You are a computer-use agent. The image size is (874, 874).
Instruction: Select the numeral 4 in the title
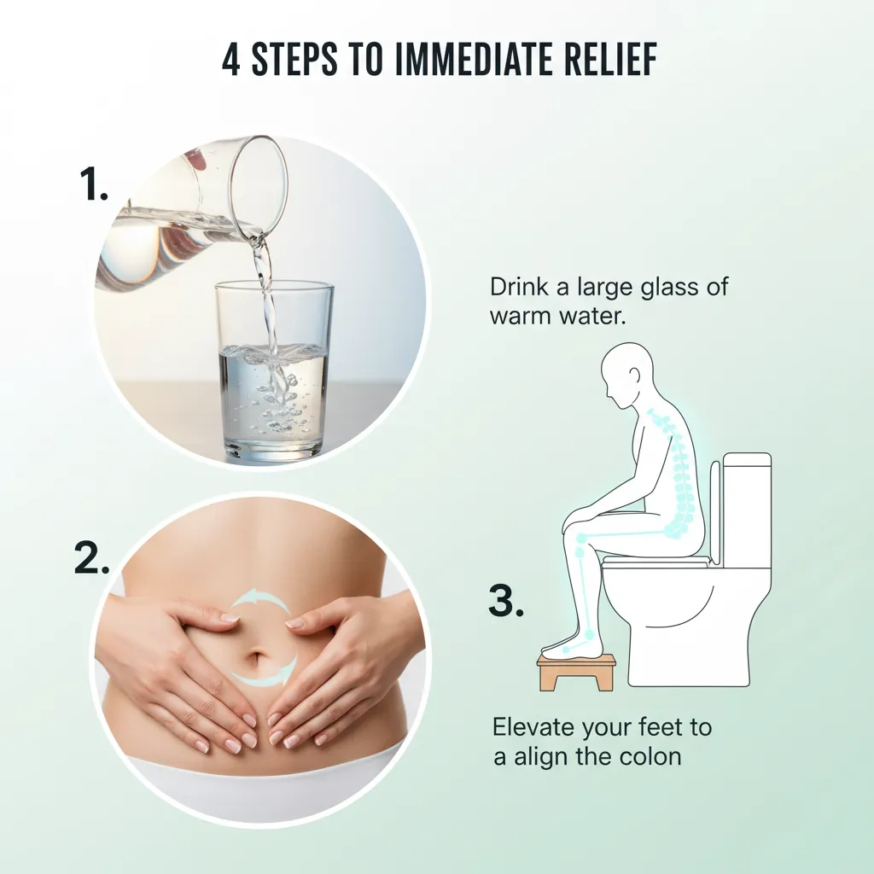click(230, 62)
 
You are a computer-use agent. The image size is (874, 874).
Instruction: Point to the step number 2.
click(91, 557)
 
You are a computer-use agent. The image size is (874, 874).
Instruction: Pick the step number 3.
click(504, 602)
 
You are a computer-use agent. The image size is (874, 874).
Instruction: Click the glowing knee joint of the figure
click(581, 539)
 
